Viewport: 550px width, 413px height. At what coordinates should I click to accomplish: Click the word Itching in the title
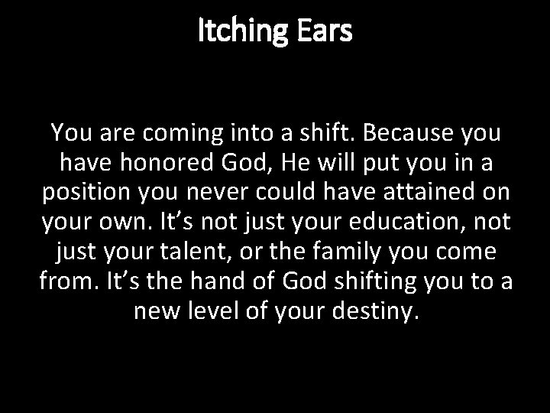(240, 32)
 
